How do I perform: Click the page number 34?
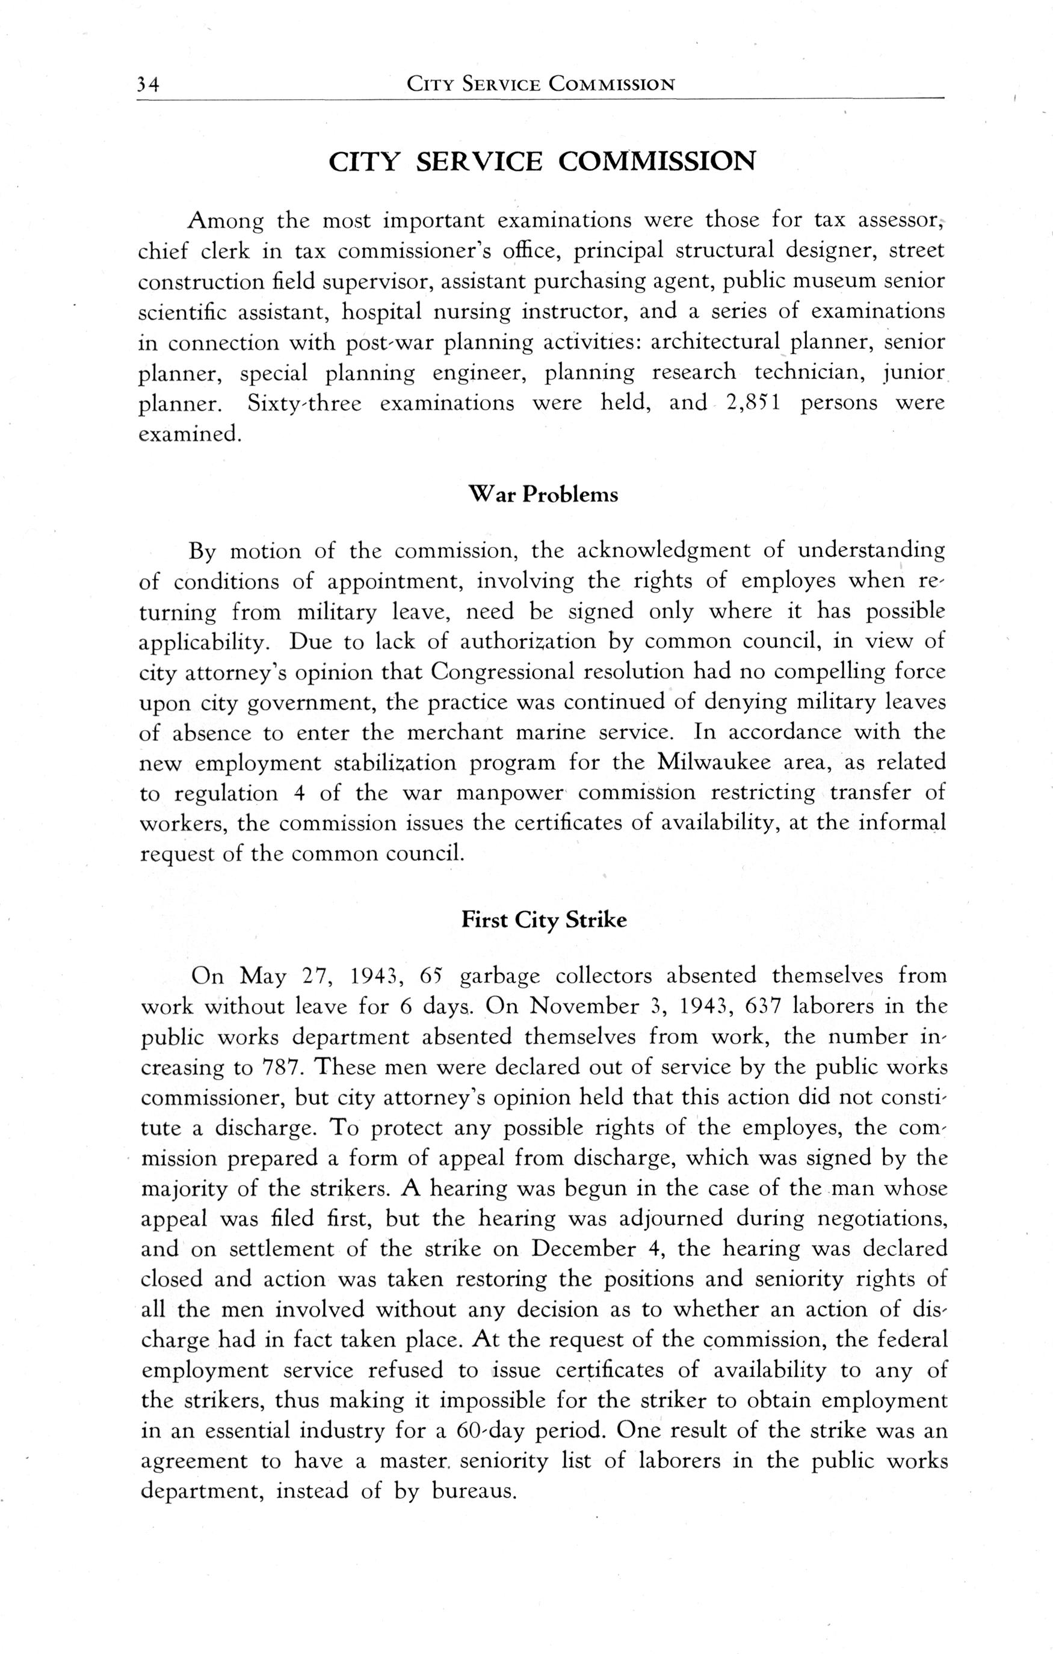coord(148,84)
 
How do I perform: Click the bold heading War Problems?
coord(542,494)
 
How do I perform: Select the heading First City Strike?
coord(544,920)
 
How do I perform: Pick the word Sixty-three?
coord(304,403)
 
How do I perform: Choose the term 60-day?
coord(491,1431)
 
